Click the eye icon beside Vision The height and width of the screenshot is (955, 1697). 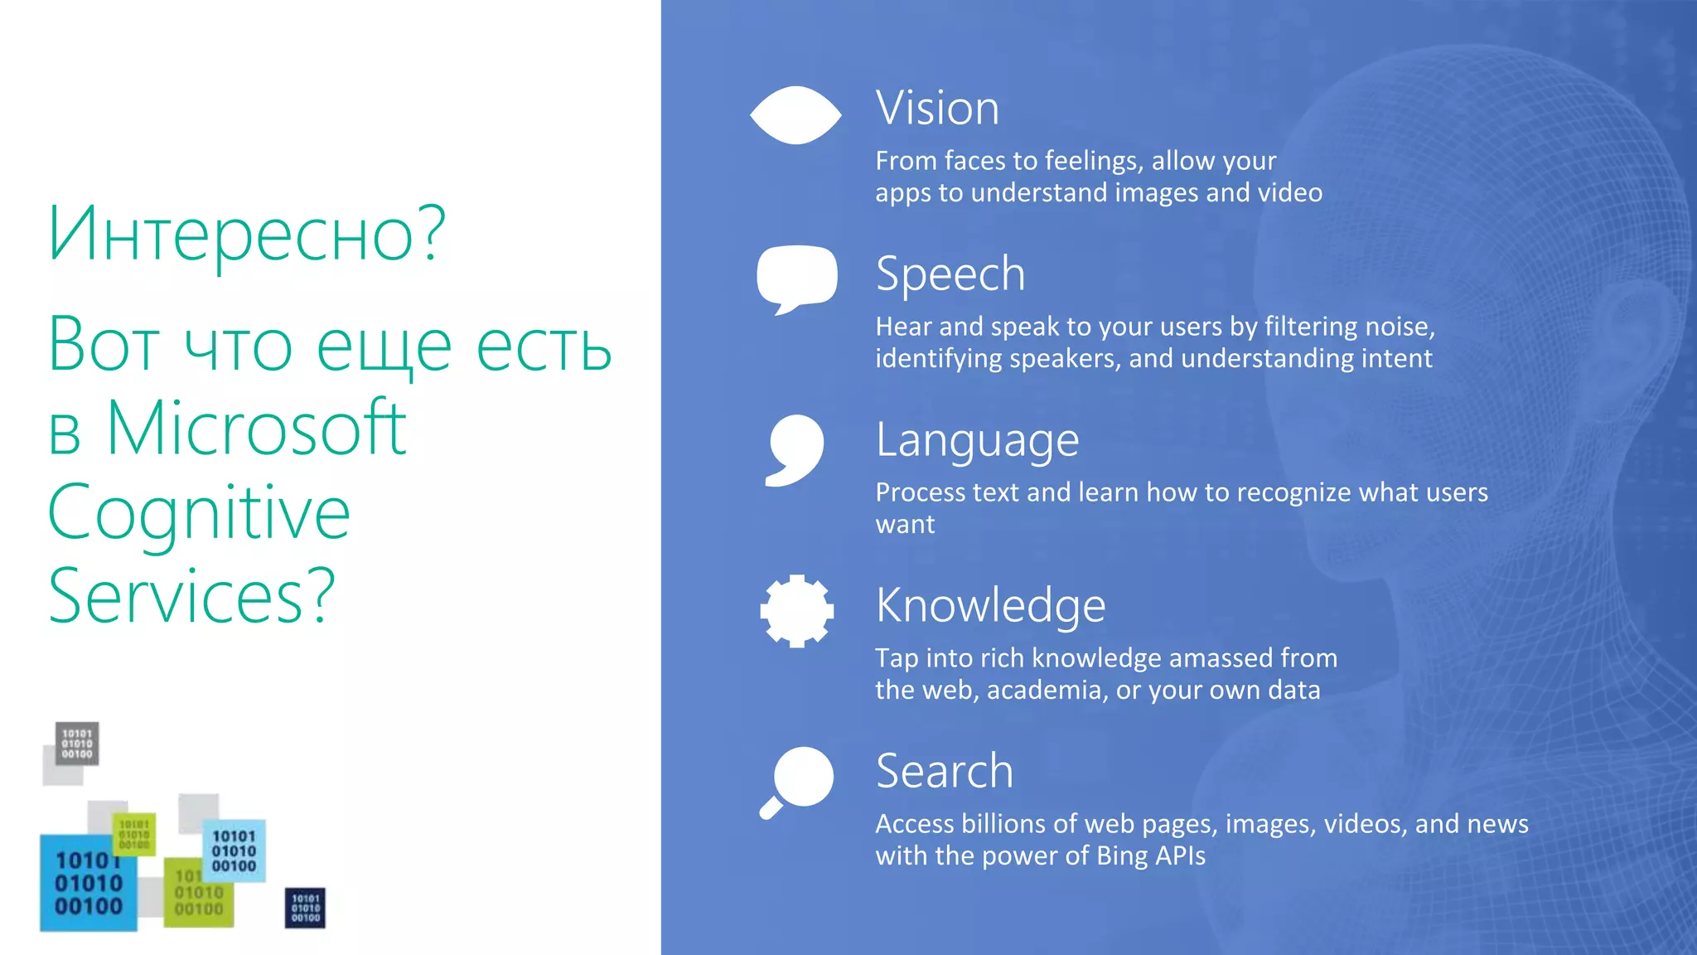[x=795, y=115]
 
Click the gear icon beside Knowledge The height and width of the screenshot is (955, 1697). [x=796, y=611]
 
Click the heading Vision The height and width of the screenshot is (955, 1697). [x=937, y=109]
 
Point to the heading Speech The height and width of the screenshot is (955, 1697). [x=950, y=274]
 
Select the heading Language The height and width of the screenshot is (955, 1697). [x=977, y=440]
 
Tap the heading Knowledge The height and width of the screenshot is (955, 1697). [x=990, y=605]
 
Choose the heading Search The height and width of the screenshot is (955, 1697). [x=945, y=771]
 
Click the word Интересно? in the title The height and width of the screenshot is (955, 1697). [x=247, y=235]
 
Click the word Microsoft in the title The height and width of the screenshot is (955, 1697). [x=257, y=429]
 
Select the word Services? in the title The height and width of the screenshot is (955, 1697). [x=191, y=596]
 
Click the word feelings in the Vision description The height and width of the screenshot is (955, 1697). [x=1095, y=160]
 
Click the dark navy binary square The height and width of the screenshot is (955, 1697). [x=305, y=908]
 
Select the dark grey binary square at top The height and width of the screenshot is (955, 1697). [x=77, y=743]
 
